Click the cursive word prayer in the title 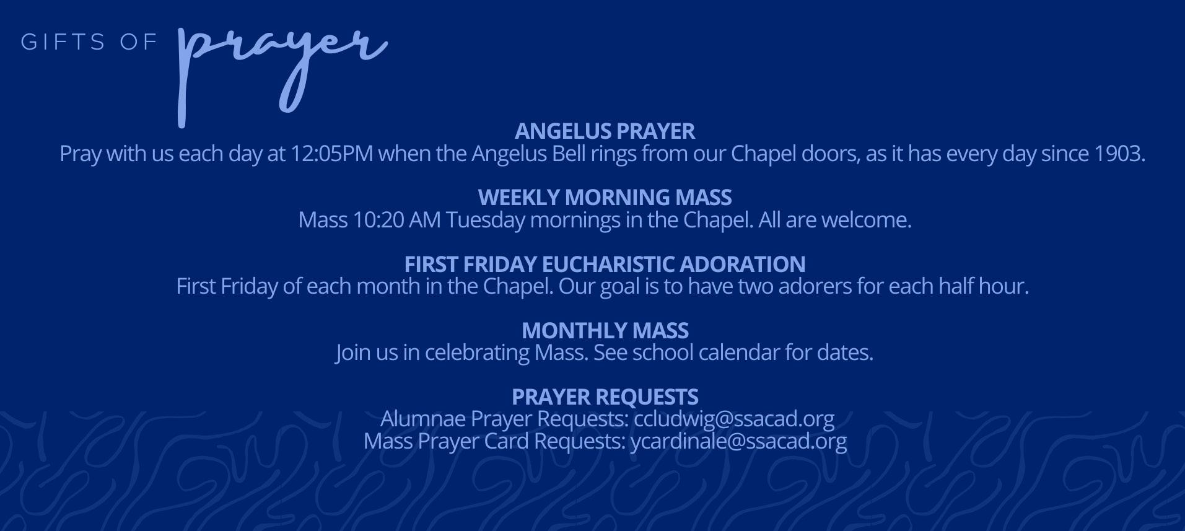click(282, 68)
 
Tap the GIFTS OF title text click(89, 42)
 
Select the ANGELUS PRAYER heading click(605, 131)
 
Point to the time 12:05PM click(331, 154)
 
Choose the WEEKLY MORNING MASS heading click(605, 198)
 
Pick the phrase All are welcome click(835, 220)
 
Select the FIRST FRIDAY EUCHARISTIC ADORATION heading click(605, 265)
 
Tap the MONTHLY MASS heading click(605, 331)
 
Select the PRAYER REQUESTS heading click(605, 397)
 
